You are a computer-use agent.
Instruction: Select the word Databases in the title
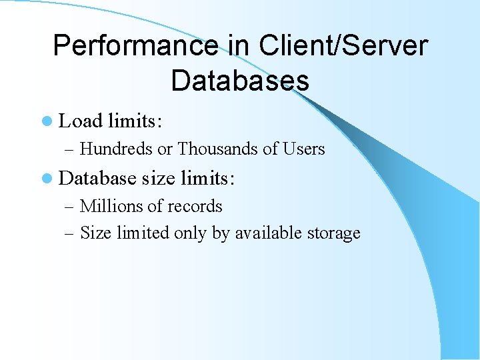pyautogui.click(x=240, y=80)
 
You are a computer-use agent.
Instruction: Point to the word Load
pyautogui.click(x=81, y=121)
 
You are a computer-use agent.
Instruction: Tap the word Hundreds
pyautogui.click(x=116, y=149)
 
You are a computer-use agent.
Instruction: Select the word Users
pyautogui.click(x=303, y=149)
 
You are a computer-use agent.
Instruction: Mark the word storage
pyautogui.click(x=334, y=233)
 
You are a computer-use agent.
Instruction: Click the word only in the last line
pyautogui.click(x=190, y=233)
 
